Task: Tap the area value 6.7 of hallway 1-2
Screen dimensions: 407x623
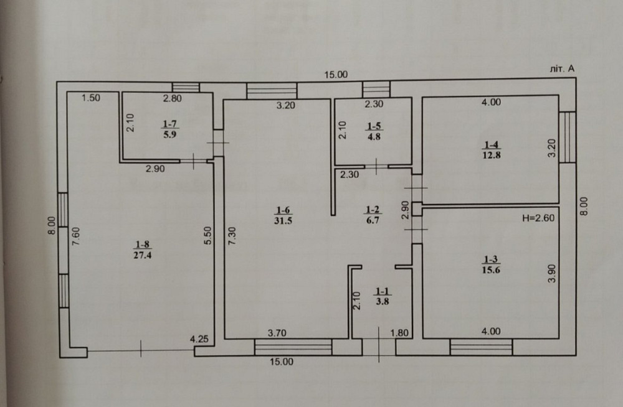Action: coord(373,219)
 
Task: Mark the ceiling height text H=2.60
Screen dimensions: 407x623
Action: coord(537,218)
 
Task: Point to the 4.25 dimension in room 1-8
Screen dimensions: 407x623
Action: coord(199,340)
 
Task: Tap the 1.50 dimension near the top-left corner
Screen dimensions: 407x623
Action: coord(92,98)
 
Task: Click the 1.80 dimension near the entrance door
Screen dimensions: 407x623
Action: coord(399,333)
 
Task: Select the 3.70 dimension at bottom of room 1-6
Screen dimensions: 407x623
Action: coord(277,333)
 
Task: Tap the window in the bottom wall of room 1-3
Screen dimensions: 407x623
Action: coord(481,347)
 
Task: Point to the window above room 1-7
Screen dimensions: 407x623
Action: coord(186,87)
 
